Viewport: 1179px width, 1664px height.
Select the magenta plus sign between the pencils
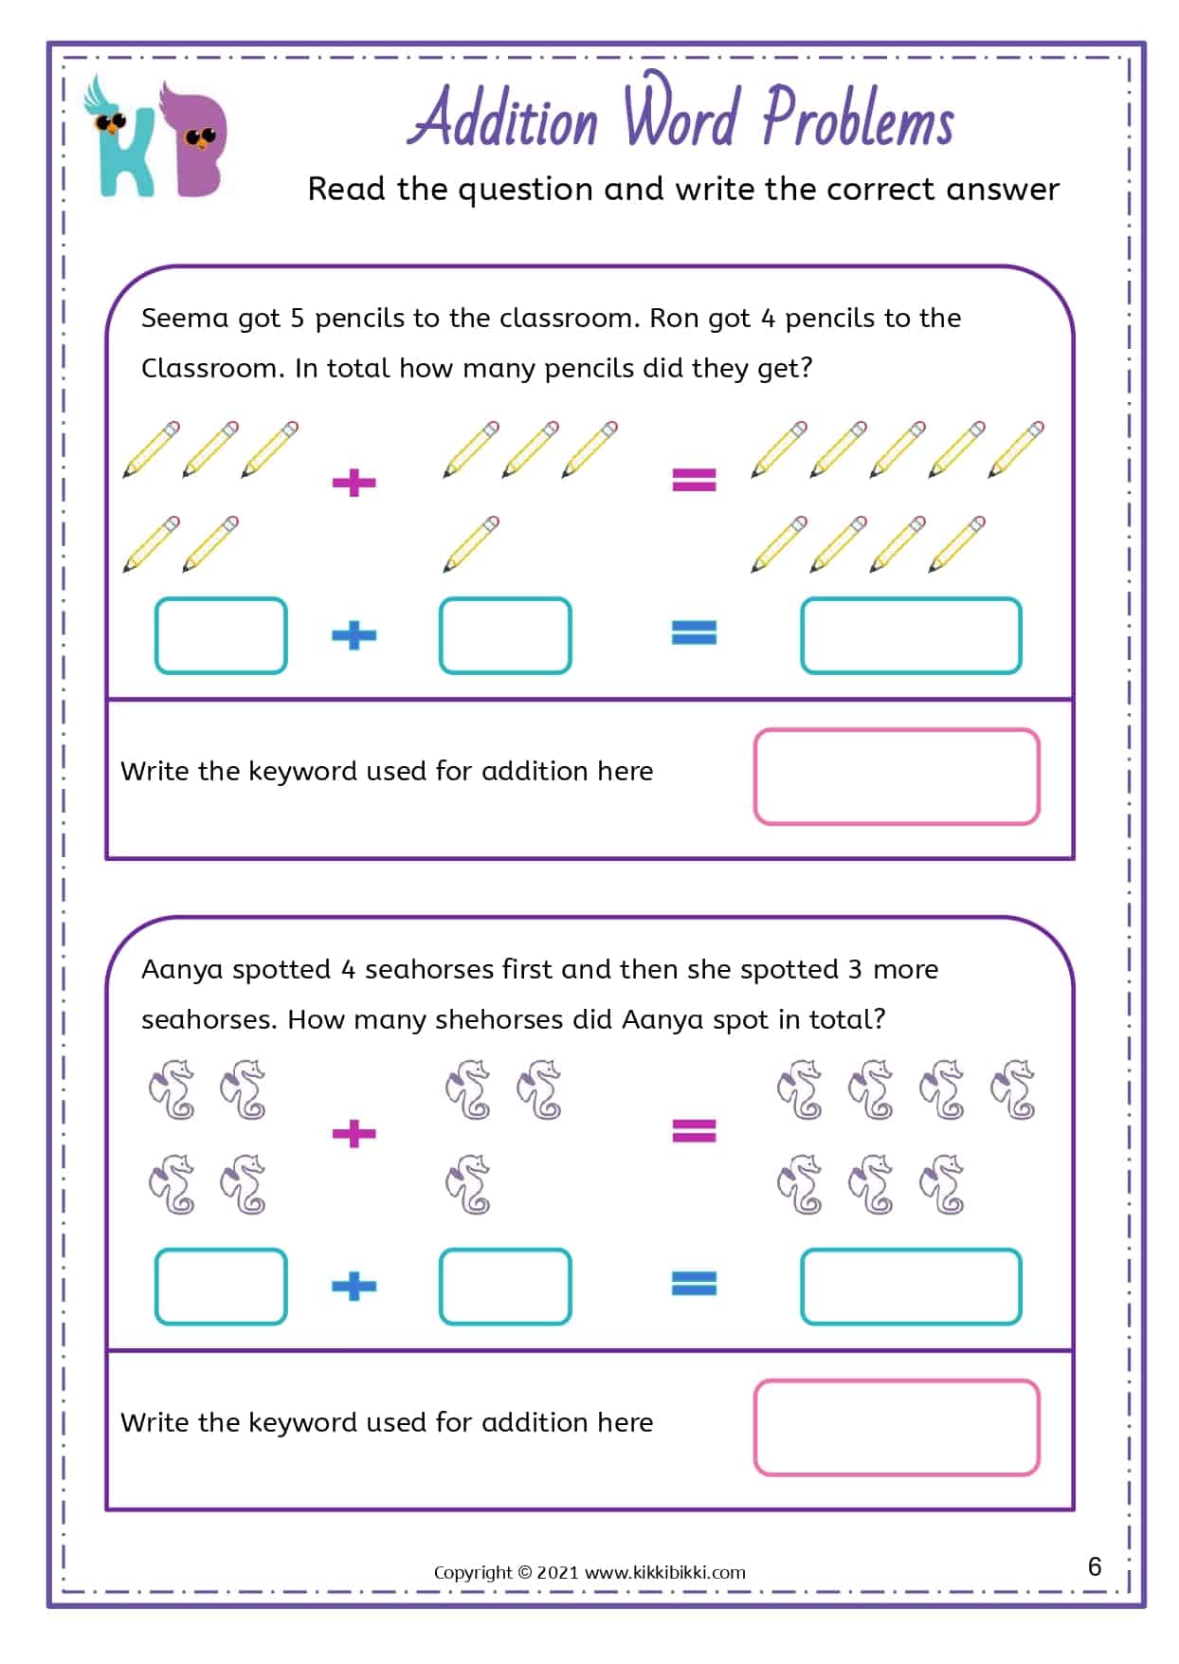[x=354, y=483]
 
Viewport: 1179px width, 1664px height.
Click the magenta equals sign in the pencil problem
[x=694, y=479]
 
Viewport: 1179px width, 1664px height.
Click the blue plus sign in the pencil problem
[x=354, y=634]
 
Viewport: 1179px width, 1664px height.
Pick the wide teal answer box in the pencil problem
[x=911, y=635]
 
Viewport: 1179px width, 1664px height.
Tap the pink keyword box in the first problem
[x=897, y=777]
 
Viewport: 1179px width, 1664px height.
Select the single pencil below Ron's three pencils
[x=471, y=543]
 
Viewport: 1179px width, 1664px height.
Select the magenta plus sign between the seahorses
[x=354, y=1133]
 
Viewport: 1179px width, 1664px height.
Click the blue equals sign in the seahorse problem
[x=694, y=1284]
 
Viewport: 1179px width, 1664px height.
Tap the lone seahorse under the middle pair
[x=468, y=1184]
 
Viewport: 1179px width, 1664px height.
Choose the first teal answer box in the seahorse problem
[x=221, y=1287]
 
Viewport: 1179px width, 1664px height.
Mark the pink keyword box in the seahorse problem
[x=897, y=1428]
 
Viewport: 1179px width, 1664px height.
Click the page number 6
[x=1095, y=1565]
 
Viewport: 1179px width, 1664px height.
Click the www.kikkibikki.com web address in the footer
[x=664, y=1572]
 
